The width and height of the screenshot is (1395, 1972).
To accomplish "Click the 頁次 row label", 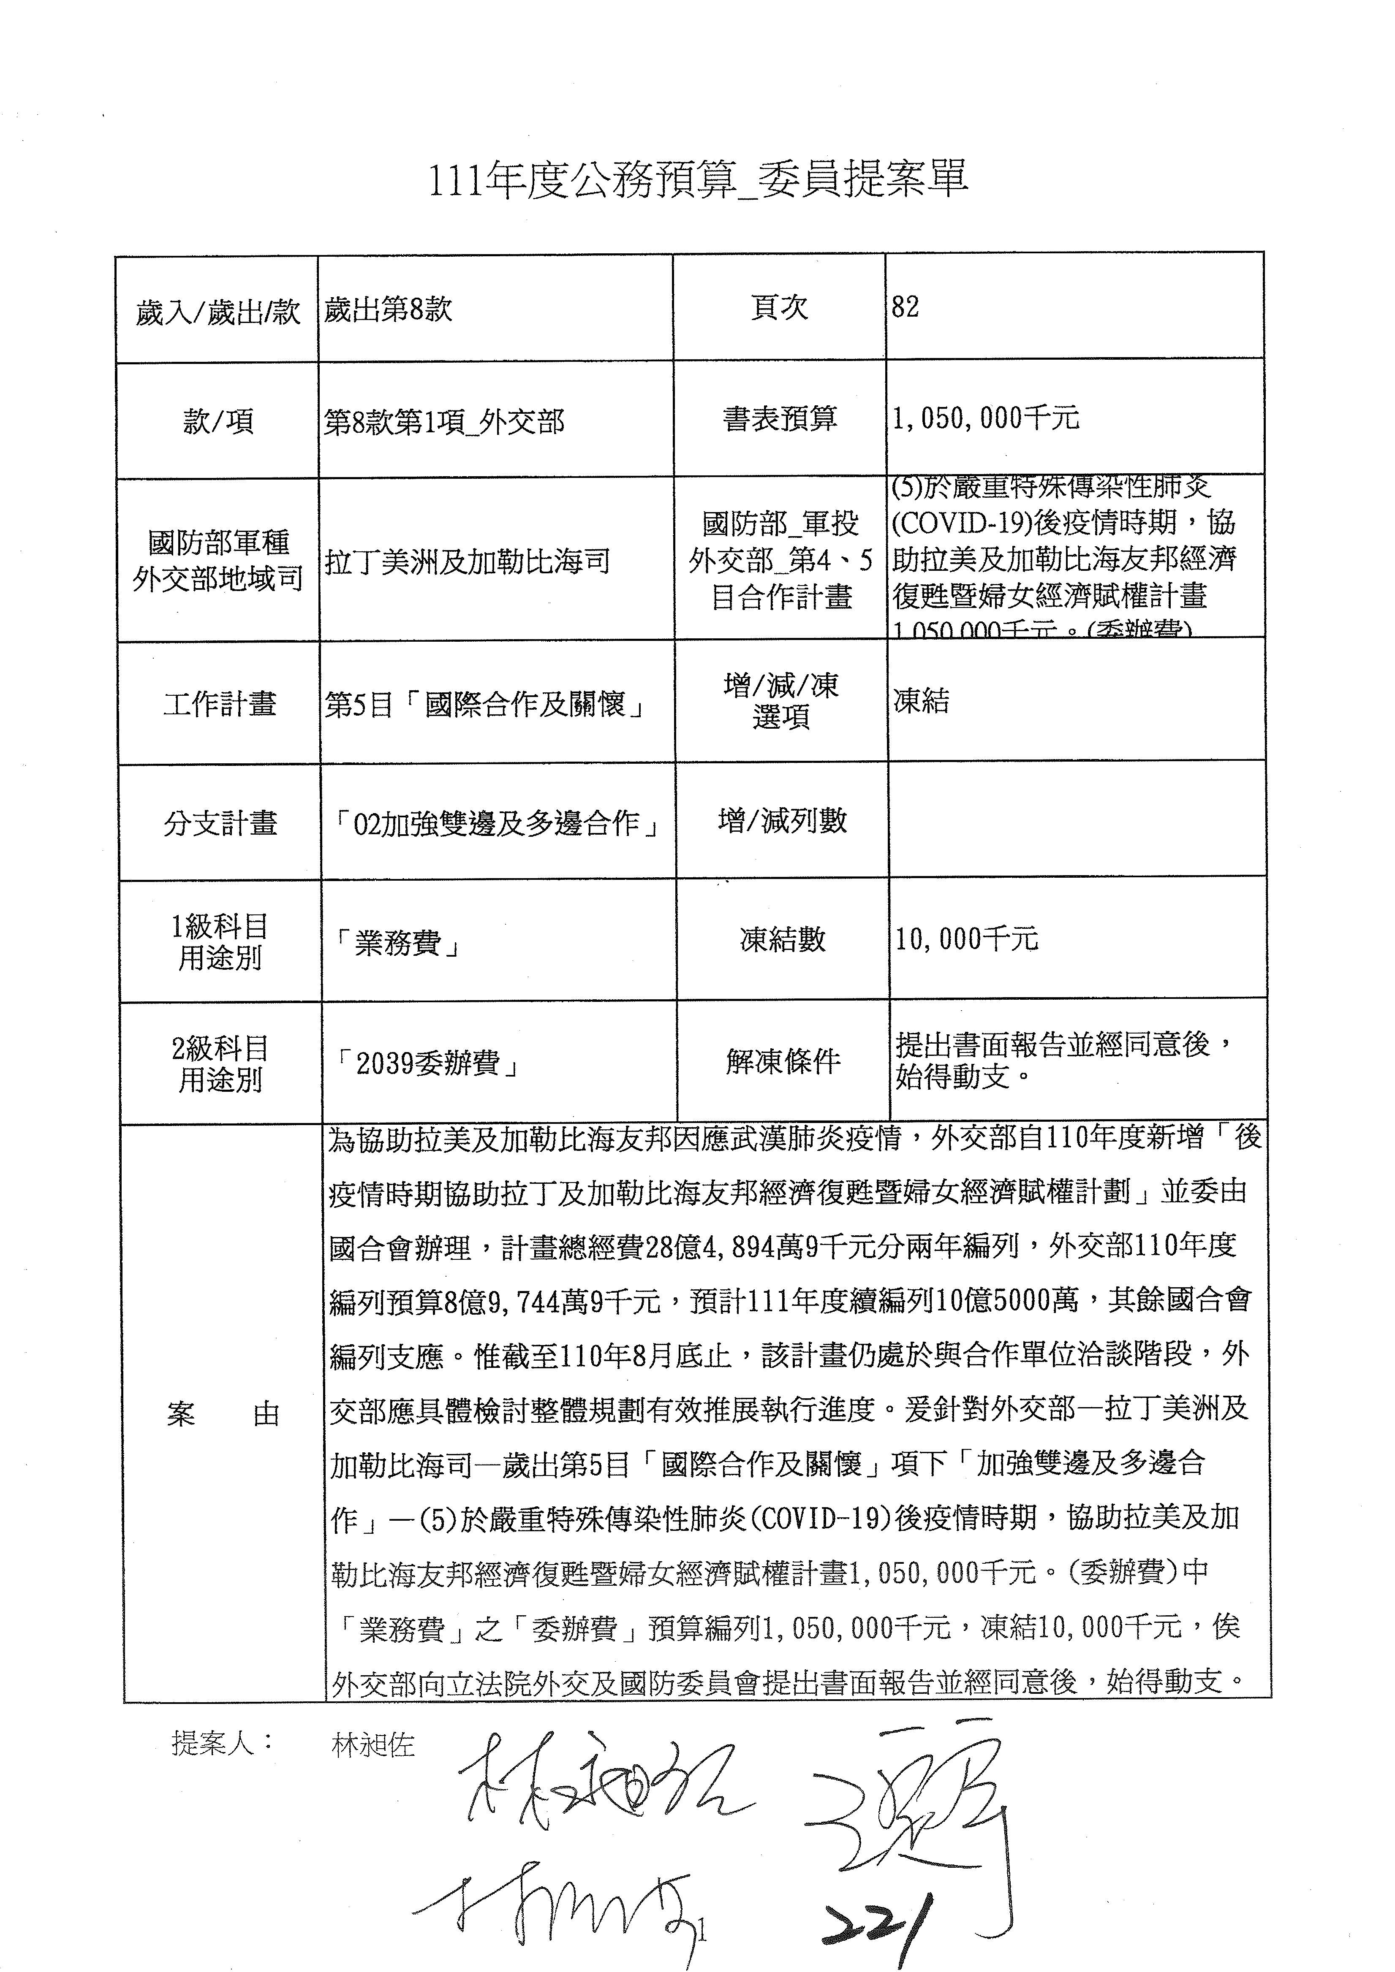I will [x=779, y=307].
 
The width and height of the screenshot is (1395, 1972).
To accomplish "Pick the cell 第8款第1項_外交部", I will [x=444, y=422].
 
